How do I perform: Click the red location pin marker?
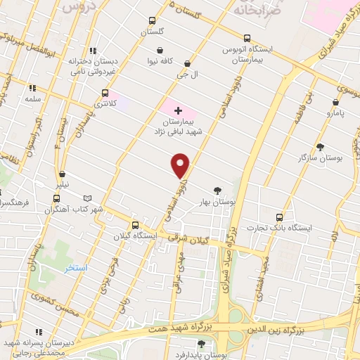pyautogui.click(x=181, y=165)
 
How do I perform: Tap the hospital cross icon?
pyautogui.click(x=178, y=110)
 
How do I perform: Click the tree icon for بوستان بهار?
pyautogui.click(x=217, y=190)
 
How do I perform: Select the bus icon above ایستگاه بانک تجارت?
pyautogui.click(x=280, y=217)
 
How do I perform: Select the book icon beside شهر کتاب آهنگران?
pyautogui.click(x=87, y=199)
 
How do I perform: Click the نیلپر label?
pyautogui.click(x=63, y=185)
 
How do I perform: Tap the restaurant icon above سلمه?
pyautogui.click(x=32, y=89)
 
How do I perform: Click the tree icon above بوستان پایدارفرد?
pyautogui.click(x=202, y=344)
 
